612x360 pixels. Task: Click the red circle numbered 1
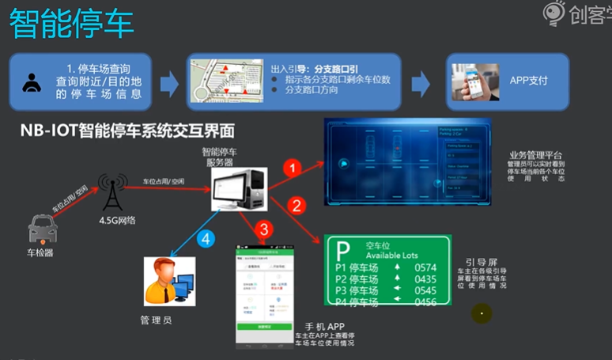(293, 168)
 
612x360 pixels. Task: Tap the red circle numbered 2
(297, 207)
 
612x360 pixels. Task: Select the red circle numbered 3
(266, 230)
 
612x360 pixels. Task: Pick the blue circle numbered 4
(206, 238)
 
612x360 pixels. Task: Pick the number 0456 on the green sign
(425, 301)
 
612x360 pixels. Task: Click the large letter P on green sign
(343, 251)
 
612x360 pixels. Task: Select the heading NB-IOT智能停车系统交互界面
(127, 130)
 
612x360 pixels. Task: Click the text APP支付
(529, 81)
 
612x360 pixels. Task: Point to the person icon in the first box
(32, 82)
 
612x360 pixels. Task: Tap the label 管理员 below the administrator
(156, 320)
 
